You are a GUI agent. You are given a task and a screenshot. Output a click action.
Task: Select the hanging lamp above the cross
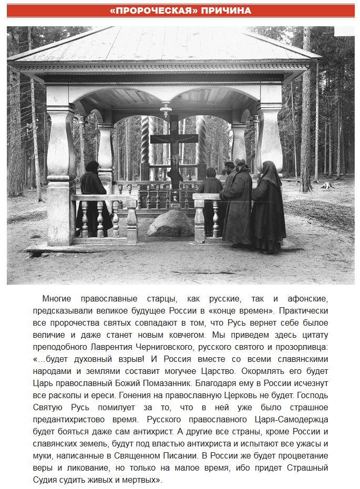pyautogui.click(x=166, y=108)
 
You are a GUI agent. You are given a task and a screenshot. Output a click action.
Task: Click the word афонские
pyautogui.click(x=304, y=299)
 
